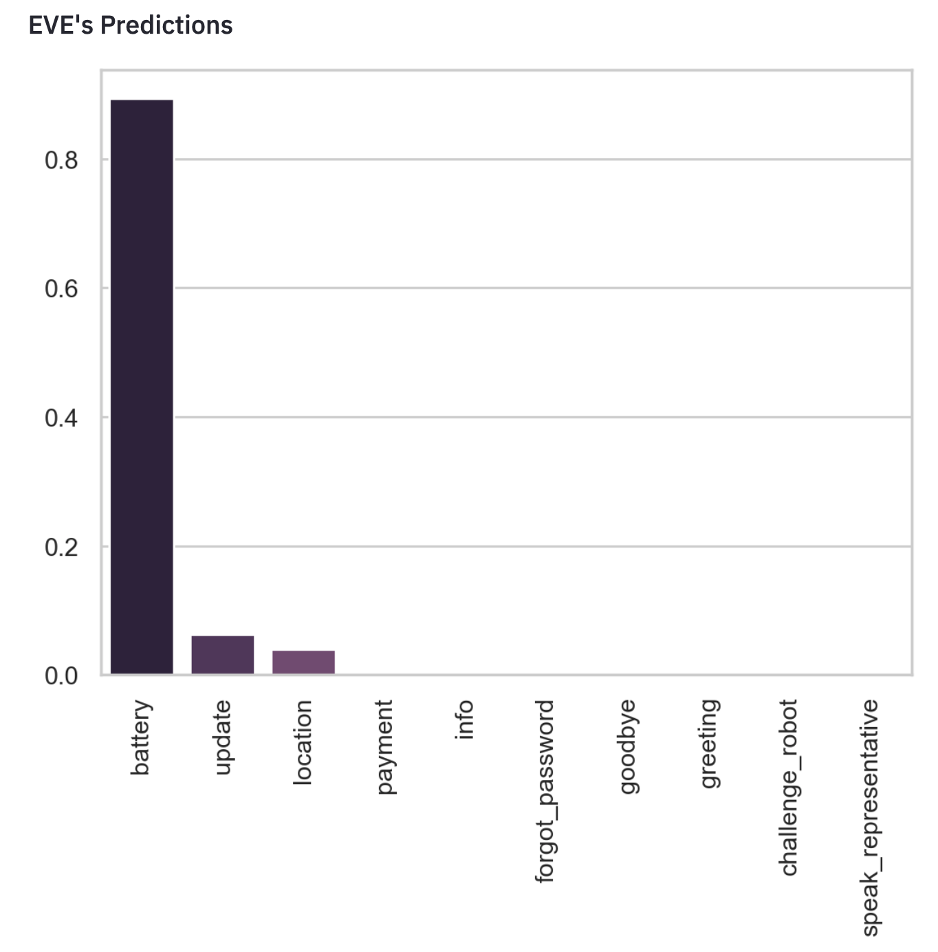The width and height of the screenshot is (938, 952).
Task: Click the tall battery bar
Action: tap(142, 387)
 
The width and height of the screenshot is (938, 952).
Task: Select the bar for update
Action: tap(223, 655)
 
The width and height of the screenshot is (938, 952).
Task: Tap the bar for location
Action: tap(304, 662)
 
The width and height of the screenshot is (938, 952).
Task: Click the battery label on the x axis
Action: tap(140, 737)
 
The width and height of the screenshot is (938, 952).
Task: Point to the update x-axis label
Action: tap(223, 737)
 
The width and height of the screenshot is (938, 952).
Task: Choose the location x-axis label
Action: tap(303, 742)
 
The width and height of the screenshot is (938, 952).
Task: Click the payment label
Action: tap(385, 747)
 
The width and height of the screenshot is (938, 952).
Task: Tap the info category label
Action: tap(464, 720)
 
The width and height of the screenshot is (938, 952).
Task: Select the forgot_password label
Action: tap(545, 791)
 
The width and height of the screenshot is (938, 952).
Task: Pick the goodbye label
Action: tap(627, 747)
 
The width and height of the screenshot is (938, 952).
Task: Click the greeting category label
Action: tap(709, 744)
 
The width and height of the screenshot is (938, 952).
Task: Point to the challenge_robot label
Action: tap(789, 788)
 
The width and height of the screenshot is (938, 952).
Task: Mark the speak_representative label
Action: tap(871, 818)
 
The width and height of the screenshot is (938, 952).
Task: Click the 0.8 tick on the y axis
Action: tap(61, 160)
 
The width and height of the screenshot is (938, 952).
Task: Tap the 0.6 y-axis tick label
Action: tap(61, 289)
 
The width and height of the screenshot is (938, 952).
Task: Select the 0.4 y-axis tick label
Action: tap(61, 418)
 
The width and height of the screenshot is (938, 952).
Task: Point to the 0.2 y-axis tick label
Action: tap(61, 548)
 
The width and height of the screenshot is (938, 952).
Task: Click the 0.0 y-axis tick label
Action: tap(61, 676)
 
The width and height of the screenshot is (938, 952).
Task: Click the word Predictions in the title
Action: tap(166, 25)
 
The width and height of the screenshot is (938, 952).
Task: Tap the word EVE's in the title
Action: tap(61, 25)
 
